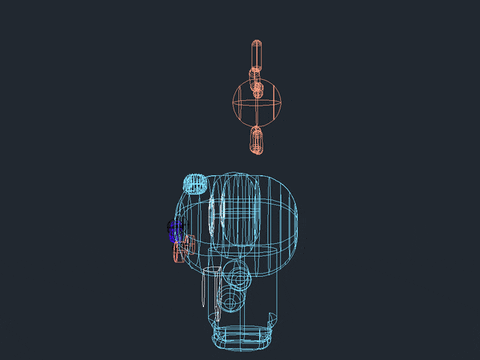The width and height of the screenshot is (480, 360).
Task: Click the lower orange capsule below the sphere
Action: point(257,140)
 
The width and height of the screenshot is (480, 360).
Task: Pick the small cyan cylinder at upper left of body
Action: point(194,182)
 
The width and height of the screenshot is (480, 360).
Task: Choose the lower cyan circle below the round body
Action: point(232,299)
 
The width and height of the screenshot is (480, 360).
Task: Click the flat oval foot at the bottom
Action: point(242,339)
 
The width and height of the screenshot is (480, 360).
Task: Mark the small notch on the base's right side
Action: point(271,319)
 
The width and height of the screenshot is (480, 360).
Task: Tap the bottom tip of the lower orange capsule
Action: point(257,155)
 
